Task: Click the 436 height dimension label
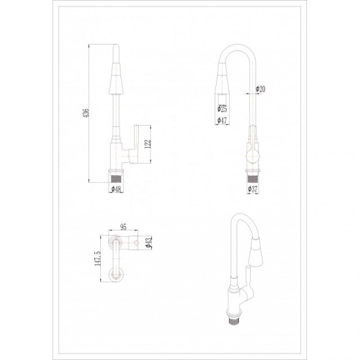86,113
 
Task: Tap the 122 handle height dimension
148,144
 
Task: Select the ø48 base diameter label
116,189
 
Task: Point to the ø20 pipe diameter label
261,89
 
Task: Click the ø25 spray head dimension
222,109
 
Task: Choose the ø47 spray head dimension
222,120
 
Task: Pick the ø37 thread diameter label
253,189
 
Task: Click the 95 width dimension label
123,227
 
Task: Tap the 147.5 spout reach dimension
98,259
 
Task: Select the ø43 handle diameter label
149,242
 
